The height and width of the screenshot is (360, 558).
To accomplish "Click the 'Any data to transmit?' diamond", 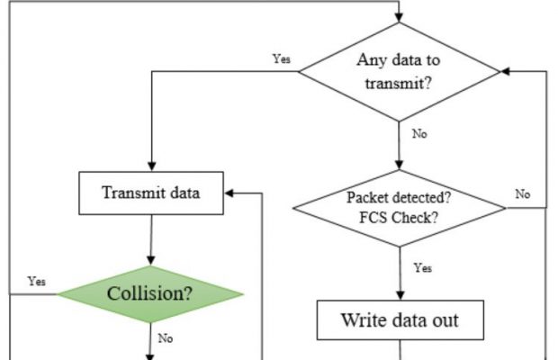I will (399, 71).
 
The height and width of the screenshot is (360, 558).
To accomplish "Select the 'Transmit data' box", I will (150, 193).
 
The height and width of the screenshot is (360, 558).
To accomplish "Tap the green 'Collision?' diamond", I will (150, 293).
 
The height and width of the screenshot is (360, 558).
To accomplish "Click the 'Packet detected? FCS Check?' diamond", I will (399, 208).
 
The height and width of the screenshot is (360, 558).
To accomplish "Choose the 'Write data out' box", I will (399, 319).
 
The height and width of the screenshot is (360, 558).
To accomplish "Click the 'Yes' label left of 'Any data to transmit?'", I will (281, 59).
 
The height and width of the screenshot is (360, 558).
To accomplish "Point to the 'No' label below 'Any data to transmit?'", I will (419, 133).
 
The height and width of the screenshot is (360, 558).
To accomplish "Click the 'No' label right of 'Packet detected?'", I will (523, 193).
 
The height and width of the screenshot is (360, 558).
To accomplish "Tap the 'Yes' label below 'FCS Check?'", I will (422, 267).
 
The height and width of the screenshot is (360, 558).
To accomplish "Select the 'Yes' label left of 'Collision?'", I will (37, 281).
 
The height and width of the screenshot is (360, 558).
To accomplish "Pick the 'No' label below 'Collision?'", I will (166, 338).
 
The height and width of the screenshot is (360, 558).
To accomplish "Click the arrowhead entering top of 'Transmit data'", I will (150, 168).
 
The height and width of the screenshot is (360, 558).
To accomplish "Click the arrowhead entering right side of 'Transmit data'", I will (229, 193).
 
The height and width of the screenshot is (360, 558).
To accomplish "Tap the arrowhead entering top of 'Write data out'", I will (399, 295).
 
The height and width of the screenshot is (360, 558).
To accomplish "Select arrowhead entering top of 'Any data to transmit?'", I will (399, 17).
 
